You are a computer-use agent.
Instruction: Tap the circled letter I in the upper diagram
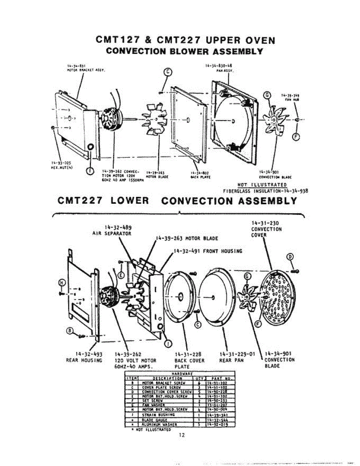90,169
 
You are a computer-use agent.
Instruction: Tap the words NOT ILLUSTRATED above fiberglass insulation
262,185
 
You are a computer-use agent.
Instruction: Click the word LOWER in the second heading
129,201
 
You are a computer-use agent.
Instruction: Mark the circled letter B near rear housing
70,330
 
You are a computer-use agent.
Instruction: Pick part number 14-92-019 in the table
217,424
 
